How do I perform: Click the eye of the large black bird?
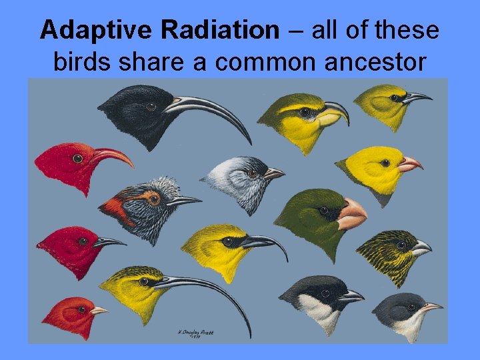click(x=151, y=106)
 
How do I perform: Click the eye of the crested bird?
click(x=154, y=199)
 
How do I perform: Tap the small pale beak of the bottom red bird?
click(x=99, y=311)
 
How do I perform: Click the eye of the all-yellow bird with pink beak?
click(x=385, y=163)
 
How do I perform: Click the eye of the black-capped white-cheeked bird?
click(x=325, y=293)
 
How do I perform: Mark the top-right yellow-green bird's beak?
click(x=417, y=98)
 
